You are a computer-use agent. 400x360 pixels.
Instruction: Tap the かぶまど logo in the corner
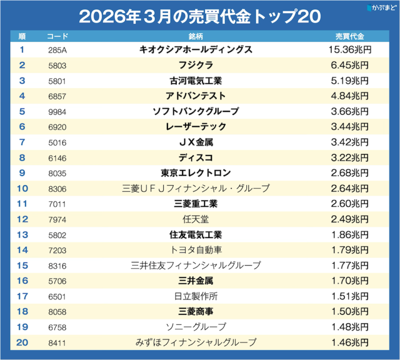381,8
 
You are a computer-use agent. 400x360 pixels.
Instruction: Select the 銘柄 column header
196,36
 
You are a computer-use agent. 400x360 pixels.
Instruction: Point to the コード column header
57,36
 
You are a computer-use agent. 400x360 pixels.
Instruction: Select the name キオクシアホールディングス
196,50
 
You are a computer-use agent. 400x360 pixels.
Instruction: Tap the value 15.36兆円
350,50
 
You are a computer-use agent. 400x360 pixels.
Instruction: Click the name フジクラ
196,65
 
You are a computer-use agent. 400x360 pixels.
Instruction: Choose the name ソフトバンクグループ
196,112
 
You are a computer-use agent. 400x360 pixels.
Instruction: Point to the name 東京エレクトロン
196,173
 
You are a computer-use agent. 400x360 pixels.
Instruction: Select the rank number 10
22,188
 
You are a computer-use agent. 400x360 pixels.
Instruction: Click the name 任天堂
196,219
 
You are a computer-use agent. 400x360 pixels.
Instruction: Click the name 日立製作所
196,296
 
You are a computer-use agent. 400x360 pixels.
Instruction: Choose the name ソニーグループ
196,327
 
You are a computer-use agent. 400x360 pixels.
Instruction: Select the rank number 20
22,342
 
